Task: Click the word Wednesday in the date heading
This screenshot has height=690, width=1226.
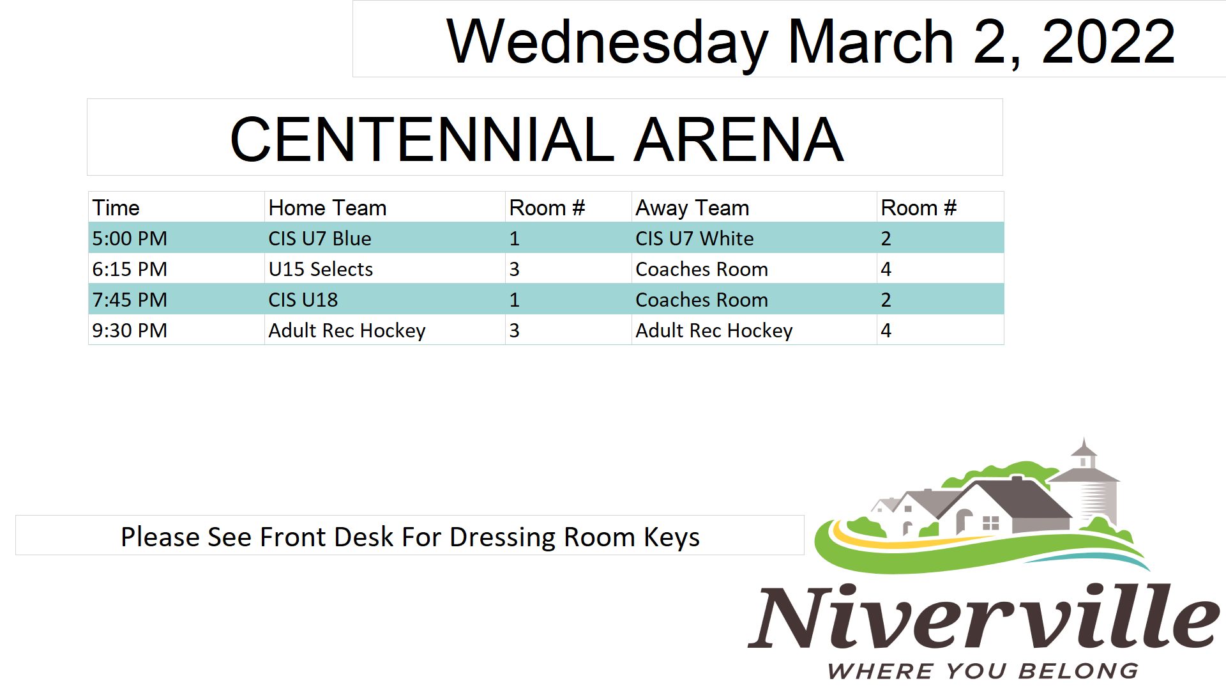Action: pyautogui.click(x=607, y=42)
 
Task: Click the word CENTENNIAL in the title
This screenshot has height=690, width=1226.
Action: pyautogui.click(x=422, y=139)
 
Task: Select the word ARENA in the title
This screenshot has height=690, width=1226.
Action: pyautogui.click(x=739, y=139)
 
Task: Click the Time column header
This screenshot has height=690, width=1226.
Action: pyautogui.click(x=116, y=208)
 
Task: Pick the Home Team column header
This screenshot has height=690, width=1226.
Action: pyautogui.click(x=328, y=208)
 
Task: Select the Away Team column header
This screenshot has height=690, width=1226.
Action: pyautogui.click(x=692, y=208)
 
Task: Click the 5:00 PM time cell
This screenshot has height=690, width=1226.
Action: pyautogui.click(x=130, y=238)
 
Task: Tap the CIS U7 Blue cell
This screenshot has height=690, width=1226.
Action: pyautogui.click(x=320, y=238)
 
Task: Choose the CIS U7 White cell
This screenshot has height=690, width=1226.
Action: pyautogui.click(x=695, y=238)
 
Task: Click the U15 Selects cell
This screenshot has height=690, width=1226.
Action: pyautogui.click(x=321, y=269)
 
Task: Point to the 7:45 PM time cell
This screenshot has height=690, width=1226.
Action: pyautogui.click(x=130, y=300)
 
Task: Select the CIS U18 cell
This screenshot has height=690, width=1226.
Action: pyautogui.click(x=303, y=300)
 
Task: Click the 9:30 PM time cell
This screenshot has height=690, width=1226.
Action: pyautogui.click(x=130, y=330)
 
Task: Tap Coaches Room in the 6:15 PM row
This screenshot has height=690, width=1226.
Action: pyautogui.click(x=702, y=269)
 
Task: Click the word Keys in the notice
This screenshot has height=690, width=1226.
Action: pyautogui.click(x=672, y=538)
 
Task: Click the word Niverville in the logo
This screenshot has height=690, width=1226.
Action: pyautogui.click(x=984, y=616)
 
